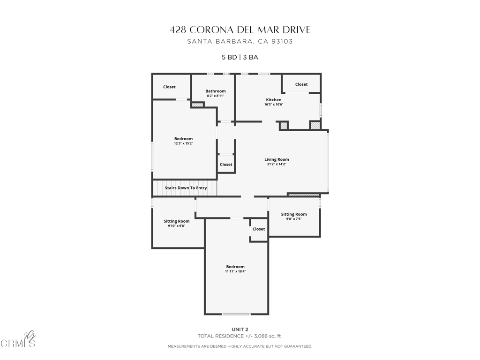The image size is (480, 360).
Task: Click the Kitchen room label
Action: click(x=274, y=100)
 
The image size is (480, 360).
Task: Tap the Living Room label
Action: click(x=277, y=159)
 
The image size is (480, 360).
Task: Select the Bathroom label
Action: click(x=216, y=91)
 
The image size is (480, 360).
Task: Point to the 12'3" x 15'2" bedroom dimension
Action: click(x=183, y=143)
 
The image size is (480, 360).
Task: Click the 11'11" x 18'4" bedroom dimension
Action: click(x=235, y=271)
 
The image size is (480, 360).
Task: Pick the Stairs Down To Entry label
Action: click(x=186, y=188)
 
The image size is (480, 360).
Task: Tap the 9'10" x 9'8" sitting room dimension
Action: click(x=177, y=226)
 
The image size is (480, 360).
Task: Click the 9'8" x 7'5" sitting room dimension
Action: click(x=294, y=219)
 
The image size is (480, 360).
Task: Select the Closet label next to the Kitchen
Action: click(x=301, y=84)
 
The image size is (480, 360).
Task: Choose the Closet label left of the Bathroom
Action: click(x=169, y=87)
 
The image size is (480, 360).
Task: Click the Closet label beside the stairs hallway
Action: click(x=226, y=165)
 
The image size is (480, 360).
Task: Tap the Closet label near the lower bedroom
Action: click(x=259, y=229)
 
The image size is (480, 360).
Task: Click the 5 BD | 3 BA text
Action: click(x=240, y=57)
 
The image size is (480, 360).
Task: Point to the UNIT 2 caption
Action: click(x=240, y=330)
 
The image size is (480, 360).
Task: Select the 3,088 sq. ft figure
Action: click(x=268, y=336)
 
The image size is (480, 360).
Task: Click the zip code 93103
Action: click(x=282, y=41)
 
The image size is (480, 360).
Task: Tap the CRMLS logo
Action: click(x=18, y=340)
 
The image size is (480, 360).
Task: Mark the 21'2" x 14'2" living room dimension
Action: click(x=277, y=164)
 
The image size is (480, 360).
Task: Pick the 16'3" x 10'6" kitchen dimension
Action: click(x=274, y=105)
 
